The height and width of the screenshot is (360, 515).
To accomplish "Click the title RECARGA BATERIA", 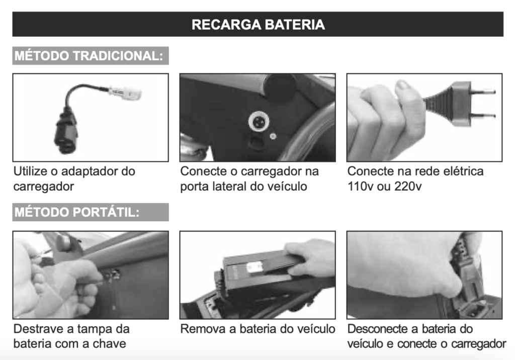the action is (x=258, y=25).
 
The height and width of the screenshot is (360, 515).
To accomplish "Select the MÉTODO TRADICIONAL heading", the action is (x=89, y=56).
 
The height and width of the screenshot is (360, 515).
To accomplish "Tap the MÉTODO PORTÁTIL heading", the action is (x=77, y=212).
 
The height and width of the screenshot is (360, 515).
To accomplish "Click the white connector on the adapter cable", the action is (x=125, y=94).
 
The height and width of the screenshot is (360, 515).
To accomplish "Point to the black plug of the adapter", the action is (x=67, y=134).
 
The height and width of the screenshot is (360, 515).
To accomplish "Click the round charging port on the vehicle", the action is (x=259, y=122).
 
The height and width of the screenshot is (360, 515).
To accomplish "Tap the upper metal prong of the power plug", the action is (x=483, y=92).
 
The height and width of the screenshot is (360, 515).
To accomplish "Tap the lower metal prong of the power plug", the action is (x=483, y=115).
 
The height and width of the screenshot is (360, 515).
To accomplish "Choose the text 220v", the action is (x=408, y=187).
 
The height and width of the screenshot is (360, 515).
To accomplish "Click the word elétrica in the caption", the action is (x=463, y=171).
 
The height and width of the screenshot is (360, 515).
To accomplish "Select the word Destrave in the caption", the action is (x=34, y=329).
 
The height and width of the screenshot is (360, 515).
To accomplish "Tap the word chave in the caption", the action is (x=109, y=344).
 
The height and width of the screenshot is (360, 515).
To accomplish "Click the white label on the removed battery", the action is (x=254, y=267).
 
